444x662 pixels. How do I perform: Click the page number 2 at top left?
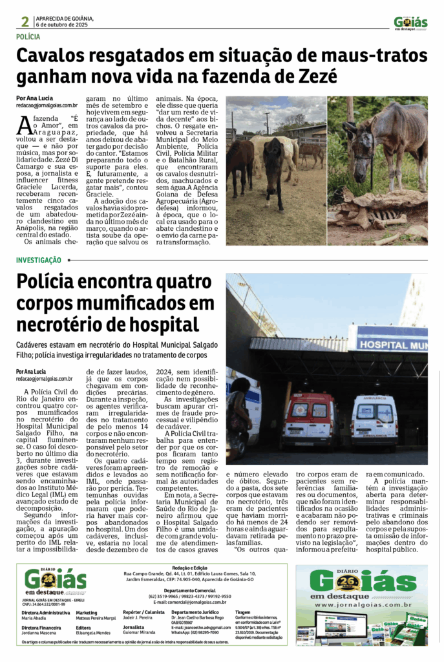coord(25,21)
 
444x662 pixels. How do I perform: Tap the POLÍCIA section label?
coord(30,37)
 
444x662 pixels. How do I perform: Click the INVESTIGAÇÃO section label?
coord(39,260)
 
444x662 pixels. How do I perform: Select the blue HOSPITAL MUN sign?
coord(388,344)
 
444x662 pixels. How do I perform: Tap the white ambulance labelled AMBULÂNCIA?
coord(374,419)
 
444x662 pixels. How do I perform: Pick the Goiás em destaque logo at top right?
coord(410,23)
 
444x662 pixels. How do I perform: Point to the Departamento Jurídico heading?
coord(195,611)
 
